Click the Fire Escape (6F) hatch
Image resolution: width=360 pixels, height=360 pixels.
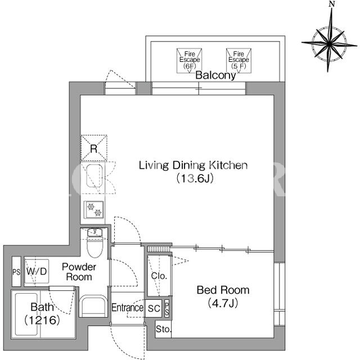189,61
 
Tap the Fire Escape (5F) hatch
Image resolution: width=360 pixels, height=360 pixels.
238,61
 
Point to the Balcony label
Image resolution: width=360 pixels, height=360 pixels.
215,75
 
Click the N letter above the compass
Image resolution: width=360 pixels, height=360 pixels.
331,4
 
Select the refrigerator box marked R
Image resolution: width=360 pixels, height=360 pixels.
94,147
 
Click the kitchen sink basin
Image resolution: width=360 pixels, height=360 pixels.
94,175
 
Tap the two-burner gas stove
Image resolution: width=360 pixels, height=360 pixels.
94,210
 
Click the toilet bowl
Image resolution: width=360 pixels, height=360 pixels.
95,247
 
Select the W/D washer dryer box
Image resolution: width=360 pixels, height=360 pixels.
37,271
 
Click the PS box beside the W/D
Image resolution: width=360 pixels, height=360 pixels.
16,272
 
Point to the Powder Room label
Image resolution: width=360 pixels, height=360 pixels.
79,272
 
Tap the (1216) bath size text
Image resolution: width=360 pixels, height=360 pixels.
42,320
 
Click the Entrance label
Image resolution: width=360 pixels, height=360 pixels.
128,308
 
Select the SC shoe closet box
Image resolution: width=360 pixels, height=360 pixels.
154,308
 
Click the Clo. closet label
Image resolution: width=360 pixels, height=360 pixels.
159,276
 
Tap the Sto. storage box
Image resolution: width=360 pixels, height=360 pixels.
163,329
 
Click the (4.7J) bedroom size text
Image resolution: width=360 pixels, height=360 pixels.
223,304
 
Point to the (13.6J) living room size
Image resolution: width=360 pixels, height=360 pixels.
195,178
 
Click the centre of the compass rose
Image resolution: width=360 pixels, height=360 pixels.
329,43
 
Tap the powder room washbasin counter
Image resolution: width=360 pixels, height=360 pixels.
93,306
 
